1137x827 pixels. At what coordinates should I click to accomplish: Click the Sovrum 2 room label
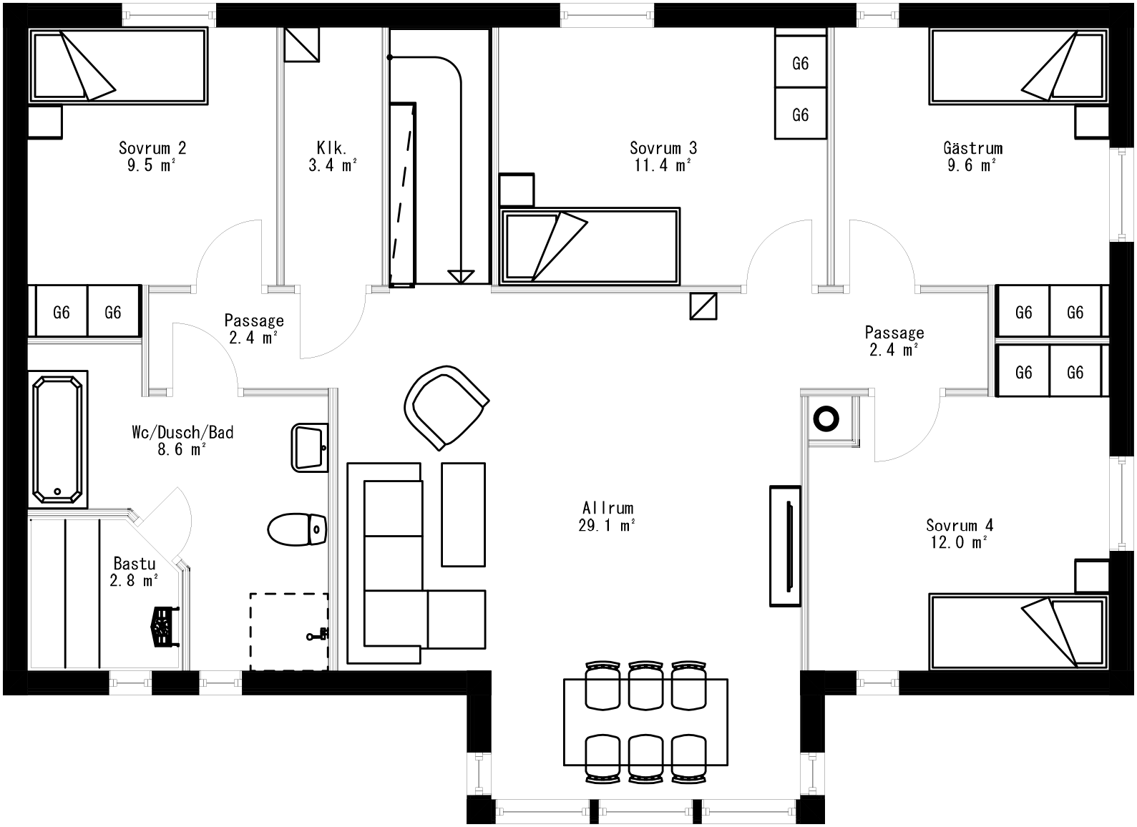coord(152,148)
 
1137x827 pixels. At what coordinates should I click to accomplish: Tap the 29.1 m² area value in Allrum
coord(607,526)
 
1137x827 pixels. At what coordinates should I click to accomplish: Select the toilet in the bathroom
coord(297,529)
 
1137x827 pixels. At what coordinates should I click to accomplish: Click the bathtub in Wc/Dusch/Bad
coord(58,439)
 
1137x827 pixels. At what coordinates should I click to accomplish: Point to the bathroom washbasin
coord(310,448)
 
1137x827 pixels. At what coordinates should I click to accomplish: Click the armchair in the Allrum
coord(446,407)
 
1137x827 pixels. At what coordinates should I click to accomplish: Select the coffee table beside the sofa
coord(463,514)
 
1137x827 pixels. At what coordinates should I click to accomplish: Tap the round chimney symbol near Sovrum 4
coord(826,419)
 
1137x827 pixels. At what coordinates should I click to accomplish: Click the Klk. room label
coord(332,148)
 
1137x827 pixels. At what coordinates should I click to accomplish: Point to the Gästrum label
coord(972,148)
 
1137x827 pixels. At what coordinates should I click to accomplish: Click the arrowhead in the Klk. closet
coord(461,275)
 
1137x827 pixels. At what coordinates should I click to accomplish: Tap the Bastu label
coord(135,564)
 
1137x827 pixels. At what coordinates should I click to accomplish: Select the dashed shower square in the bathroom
coord(289,632)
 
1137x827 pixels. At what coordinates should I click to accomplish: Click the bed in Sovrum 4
coord(1018,632)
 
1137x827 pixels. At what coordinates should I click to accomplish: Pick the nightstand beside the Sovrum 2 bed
coord(45,122)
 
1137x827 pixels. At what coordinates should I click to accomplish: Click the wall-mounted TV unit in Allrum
coord(786,547)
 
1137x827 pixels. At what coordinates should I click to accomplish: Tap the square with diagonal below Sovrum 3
coord(703,305)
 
